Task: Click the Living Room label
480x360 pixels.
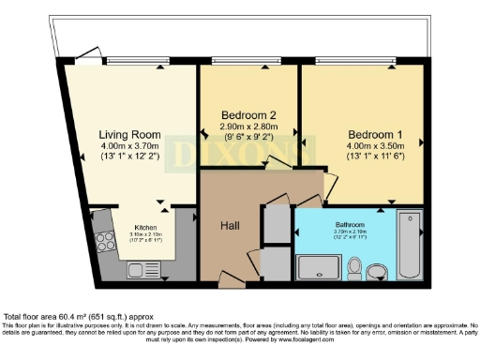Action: [129, 133]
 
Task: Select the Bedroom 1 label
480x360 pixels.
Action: [361, 133]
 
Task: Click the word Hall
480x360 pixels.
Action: [231, 225]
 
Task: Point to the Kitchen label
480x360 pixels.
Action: [145, 227]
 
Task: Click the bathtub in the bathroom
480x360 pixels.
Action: [411, 246]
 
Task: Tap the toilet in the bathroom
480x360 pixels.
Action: [355, 270]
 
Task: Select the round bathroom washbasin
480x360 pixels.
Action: [377, 272]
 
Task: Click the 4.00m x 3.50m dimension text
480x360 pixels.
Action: [361, 145]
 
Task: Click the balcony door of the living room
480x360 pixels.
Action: [89, 54]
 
